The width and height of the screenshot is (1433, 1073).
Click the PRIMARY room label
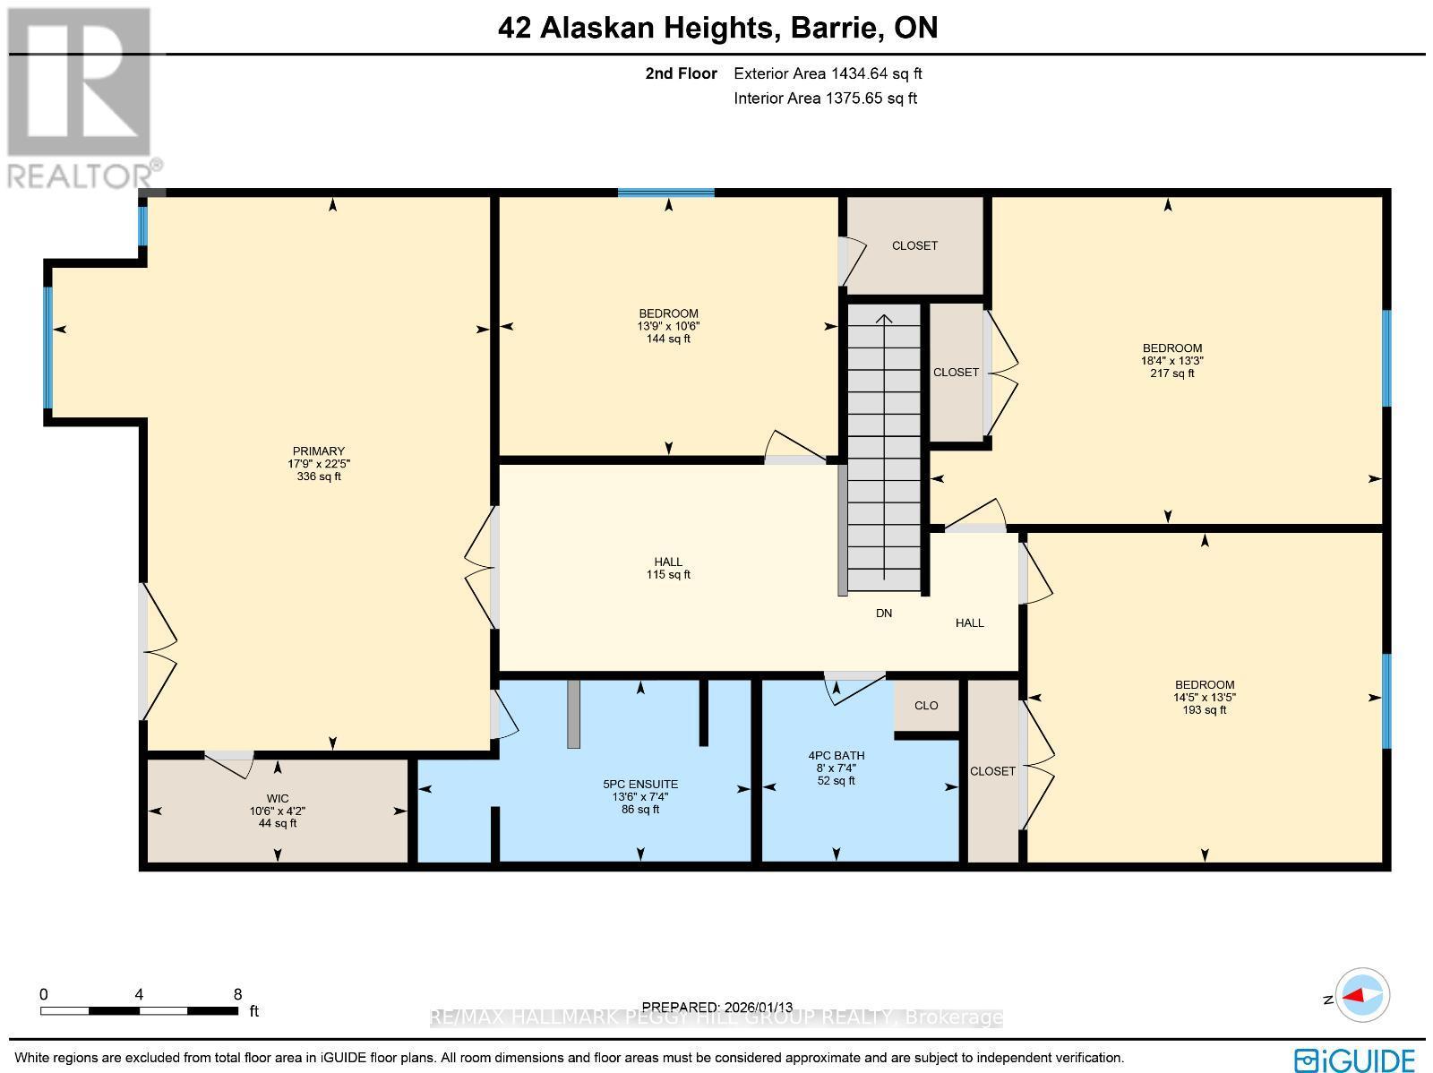tap(318, 451)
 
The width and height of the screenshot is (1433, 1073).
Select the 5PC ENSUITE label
tap(640, 784)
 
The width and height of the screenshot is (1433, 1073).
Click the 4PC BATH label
tap(836, 755)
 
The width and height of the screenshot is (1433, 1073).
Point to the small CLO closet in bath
tap(926, 706)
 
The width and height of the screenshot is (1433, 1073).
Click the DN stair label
tap(884, 614)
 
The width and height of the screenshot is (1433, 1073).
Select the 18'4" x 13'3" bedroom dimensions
tap(1171, 361)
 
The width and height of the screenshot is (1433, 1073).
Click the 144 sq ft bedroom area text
tap(668, 339)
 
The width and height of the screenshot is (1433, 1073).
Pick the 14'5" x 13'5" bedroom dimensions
tap(1204, 698)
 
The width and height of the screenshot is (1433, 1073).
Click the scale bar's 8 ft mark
tap(237, 994)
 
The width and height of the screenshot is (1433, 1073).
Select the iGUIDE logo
tap(1355, 1059)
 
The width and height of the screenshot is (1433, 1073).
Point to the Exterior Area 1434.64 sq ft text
tap(828, 74)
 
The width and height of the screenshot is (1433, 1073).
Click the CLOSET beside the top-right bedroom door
tap(956, 372)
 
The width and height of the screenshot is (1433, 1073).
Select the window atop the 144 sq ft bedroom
tap(665, 193)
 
